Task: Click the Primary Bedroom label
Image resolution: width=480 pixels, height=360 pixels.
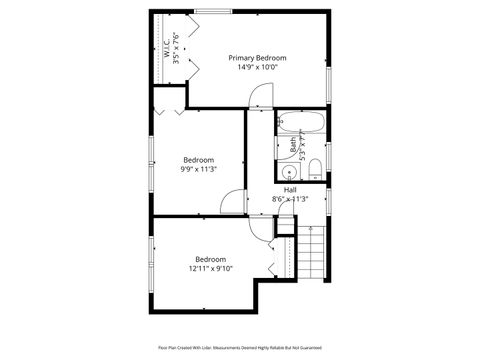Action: (x=257, y=58)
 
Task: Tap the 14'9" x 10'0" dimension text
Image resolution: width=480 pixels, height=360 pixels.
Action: (x=257, y=68)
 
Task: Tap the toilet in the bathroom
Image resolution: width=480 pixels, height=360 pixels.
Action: (x=314, y=166)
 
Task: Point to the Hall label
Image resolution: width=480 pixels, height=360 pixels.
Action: (x=290, y=189)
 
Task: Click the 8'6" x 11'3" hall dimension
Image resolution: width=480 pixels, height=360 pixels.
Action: (x=290, y=199)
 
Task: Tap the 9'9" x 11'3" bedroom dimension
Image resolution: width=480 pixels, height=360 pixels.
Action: (x=199, y=169)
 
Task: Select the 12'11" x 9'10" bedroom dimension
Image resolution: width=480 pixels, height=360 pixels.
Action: (x=210, y=268)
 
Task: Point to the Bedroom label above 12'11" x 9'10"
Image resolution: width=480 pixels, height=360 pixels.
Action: (x=210, y=258)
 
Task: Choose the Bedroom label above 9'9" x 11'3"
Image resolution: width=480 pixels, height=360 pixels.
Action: (x=199, y=159)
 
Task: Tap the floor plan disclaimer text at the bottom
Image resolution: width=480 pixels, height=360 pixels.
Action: (x=239, y=347)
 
